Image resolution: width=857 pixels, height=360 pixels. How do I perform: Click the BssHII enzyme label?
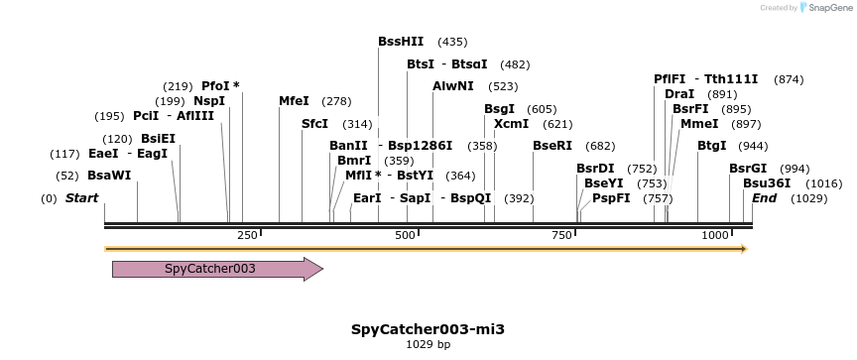401,42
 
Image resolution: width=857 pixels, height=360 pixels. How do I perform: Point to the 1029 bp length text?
428,345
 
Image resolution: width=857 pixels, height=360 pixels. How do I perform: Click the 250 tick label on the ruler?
248,235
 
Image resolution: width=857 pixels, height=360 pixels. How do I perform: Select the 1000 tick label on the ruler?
714,235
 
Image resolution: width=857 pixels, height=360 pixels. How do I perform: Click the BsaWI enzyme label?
109,176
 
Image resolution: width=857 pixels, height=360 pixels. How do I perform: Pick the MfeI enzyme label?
294,101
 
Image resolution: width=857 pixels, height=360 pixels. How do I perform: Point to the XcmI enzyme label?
511,124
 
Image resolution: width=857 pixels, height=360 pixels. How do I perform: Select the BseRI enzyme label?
552,146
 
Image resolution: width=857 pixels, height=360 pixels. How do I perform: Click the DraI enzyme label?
679,94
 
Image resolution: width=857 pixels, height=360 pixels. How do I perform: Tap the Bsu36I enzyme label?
765,183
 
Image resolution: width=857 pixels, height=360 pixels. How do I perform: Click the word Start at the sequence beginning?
81,198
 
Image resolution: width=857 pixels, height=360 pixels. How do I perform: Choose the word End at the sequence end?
764,198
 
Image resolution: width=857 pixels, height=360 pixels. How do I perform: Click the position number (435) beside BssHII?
451,42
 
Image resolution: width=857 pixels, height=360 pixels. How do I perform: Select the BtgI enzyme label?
711,146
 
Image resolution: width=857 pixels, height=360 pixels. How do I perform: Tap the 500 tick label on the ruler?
405,235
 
